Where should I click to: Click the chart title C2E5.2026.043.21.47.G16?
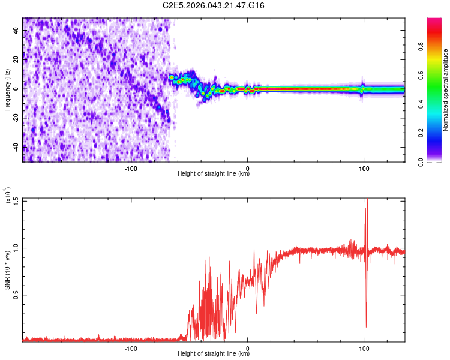coord(214,5)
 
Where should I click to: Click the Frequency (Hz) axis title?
coord(8,89)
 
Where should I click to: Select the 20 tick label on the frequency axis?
coord(17,59)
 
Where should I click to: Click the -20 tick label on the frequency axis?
coord(16,118)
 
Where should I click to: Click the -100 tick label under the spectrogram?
coord(131,168)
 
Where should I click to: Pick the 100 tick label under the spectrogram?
coord(364,168)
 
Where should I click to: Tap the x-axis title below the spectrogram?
coord(214,174)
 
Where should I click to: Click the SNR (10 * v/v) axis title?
coord(8,269)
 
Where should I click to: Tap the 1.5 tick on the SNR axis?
coord(17,200)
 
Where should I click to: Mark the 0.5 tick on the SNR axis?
coord(17,295)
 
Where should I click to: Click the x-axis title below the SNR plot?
coord(214,354)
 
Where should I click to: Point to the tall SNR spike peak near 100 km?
coord(366,201)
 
